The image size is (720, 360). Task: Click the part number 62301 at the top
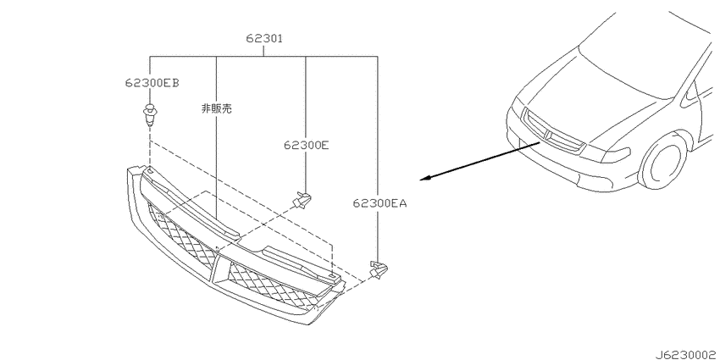[263, 39]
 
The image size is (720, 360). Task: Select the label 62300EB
[152, 83]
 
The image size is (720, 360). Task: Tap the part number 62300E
[307, 145]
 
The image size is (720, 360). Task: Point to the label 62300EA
[379, 202]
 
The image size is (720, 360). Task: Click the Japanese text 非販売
[216, 108]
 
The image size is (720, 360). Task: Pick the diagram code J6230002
[687, 354]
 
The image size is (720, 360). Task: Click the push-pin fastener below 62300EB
[149, 116]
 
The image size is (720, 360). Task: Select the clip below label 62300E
[302, 200]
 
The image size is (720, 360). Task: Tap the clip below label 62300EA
[378, 270]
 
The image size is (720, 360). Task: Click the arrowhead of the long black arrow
[424, 179]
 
